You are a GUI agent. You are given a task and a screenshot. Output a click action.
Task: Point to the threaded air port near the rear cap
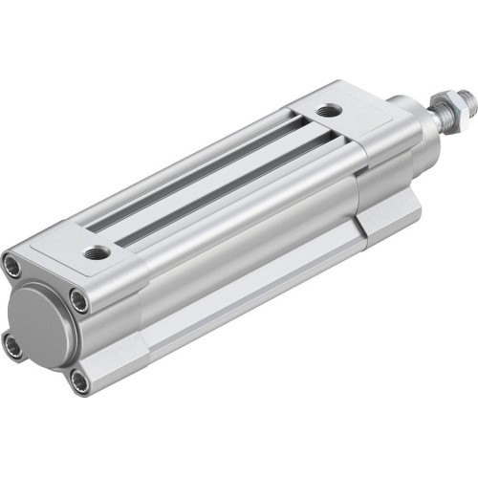point(97,252)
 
